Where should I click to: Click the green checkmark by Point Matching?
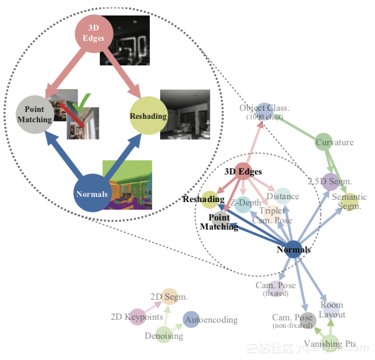pos(86,102)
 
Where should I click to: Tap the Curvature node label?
pos(334,142)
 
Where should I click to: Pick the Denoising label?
pos(164,336)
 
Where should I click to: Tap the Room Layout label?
pos(332,309)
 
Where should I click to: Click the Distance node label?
pos(283,196)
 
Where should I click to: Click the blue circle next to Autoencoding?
pos(191,320)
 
